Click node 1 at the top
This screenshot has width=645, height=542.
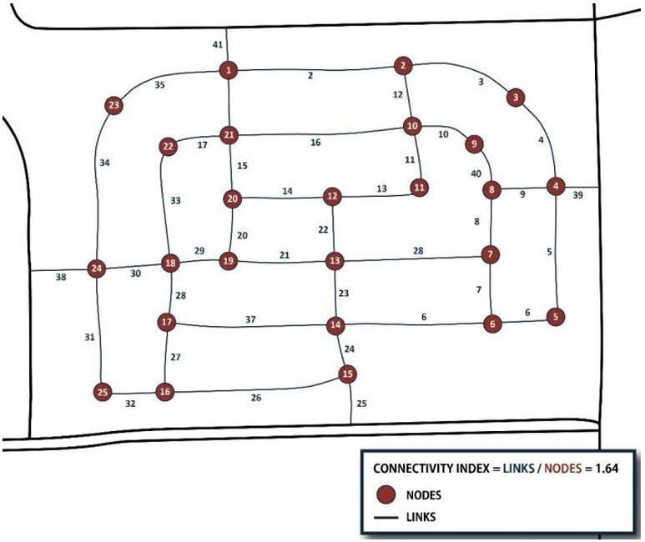(x=227, y=71)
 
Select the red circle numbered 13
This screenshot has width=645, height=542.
(x=335, y=261)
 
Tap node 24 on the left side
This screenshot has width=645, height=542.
(x=97, y=268)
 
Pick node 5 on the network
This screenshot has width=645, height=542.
(x=556, y=316)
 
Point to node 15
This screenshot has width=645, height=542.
(x=347, y=374)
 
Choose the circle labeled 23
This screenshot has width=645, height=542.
(x=114, y=105)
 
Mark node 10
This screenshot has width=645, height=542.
(x=412, y=126)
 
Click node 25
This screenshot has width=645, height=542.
(x=103, y=390)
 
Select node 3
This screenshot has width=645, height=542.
(x=517, y=98)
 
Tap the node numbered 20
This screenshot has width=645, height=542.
(x=233, y=198)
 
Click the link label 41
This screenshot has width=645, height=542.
(x=217, y=45)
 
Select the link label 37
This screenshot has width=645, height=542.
(x=249, y=319)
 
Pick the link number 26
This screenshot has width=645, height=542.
(x=256, y=398)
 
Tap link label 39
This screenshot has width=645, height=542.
(x=578, y=195)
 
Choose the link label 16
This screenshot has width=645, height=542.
(x=315, y=143)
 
